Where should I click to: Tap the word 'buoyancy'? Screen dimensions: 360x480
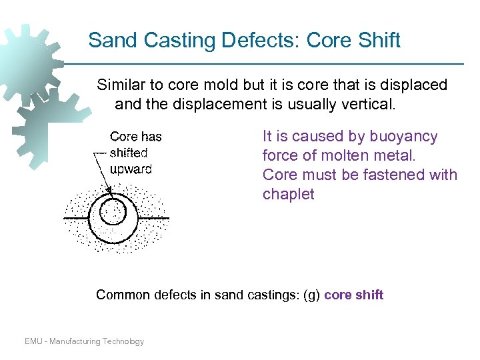click(x=405, y=137)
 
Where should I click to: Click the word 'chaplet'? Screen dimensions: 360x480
click(x=288, y=194)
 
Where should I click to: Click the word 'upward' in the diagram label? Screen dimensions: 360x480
click(x=131, y=169)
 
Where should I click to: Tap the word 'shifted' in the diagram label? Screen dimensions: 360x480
click(x=129, y=153)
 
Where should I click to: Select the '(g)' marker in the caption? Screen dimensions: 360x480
click(x=311, y=295)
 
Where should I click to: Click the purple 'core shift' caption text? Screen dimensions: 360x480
click(x=354, y=295)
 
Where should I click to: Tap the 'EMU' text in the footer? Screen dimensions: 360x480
click(x=33, y=341)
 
